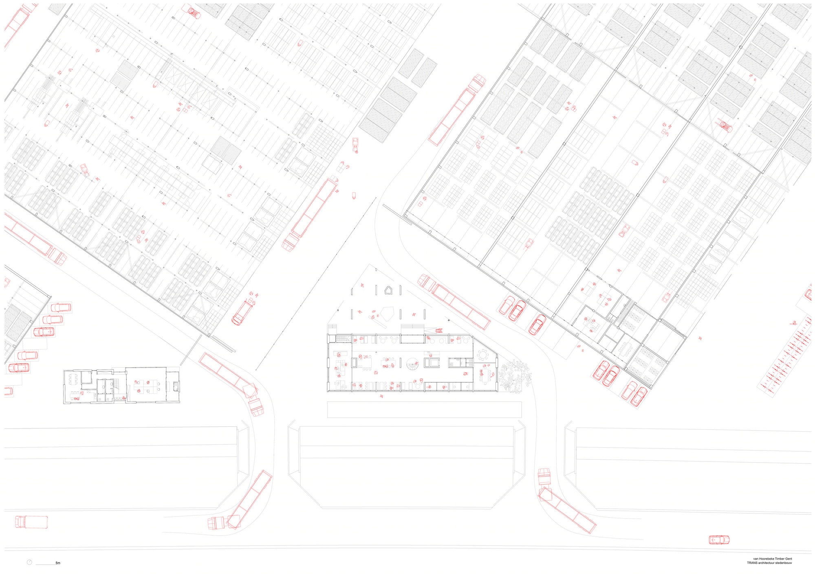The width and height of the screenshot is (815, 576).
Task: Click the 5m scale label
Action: (58, 563)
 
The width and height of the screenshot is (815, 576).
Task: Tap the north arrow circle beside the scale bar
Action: (29, 562)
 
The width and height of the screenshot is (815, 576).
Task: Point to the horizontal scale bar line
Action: (46, 564)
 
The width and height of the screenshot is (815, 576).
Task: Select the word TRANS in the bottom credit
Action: (752, 563)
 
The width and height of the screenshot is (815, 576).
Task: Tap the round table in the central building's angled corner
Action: (483, 355)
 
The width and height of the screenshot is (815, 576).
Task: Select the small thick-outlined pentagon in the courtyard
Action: (388, 290)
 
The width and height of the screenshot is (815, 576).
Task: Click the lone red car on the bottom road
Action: (719, 540)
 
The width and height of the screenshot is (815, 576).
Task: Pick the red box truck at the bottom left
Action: (31, 522)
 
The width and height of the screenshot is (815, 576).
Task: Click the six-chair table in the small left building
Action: (74, 379)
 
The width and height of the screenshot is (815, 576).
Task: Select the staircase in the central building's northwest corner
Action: (343, 338)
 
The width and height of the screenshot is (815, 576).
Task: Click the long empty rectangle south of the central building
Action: (424, 410)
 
